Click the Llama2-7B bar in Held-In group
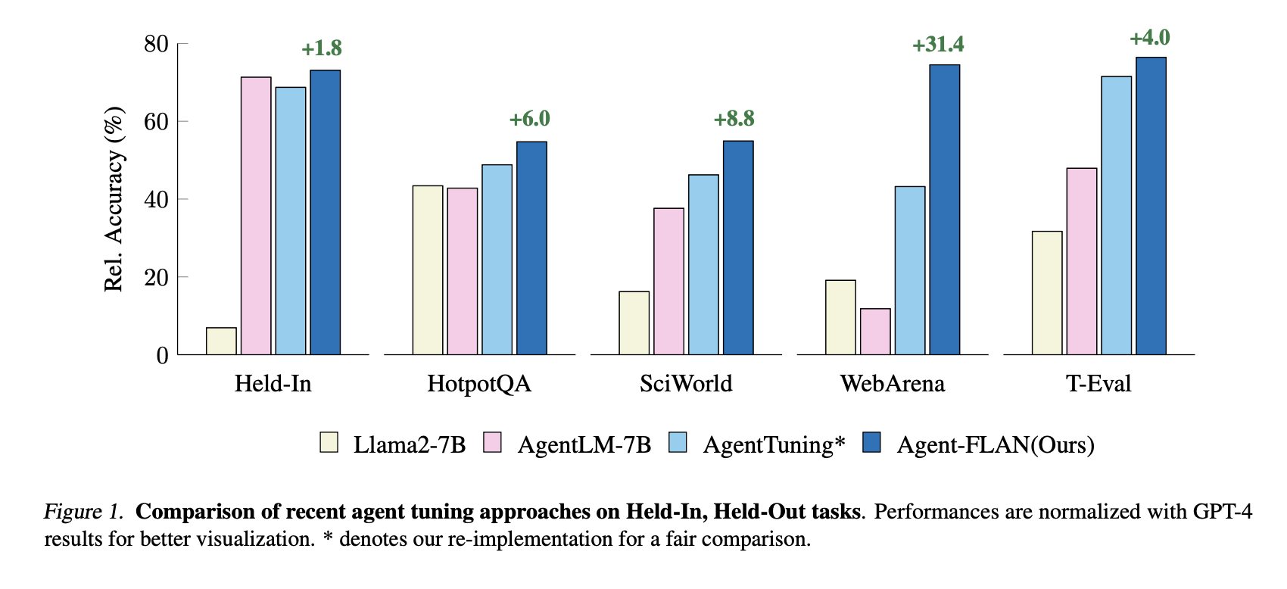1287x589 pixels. coord(221,341)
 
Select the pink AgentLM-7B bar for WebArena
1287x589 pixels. coord(875,332)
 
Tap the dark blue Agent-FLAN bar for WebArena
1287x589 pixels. coord(944,210)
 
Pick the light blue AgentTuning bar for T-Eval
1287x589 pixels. coord(1116,216)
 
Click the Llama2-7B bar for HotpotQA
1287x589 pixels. coord(428,270)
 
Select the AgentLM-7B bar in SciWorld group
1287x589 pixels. coord(668,282)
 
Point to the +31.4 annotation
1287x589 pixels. coord(938,45)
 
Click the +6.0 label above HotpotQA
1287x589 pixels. coord(529,119)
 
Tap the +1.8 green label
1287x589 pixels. coord(322,48)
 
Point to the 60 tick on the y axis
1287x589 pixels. coord(156,122)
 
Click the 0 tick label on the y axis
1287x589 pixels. coord(162,355)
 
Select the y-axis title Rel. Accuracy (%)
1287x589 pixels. coord(114,199)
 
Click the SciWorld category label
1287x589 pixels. coord(686,384)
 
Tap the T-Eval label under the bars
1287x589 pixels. coord(1098,384)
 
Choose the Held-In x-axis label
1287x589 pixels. coord(273,384)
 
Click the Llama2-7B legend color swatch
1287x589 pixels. coord(329,443)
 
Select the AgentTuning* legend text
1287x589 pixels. coord(774,444)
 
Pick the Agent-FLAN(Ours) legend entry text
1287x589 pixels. coord(996,444)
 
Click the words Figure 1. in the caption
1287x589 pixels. coord(83,512)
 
